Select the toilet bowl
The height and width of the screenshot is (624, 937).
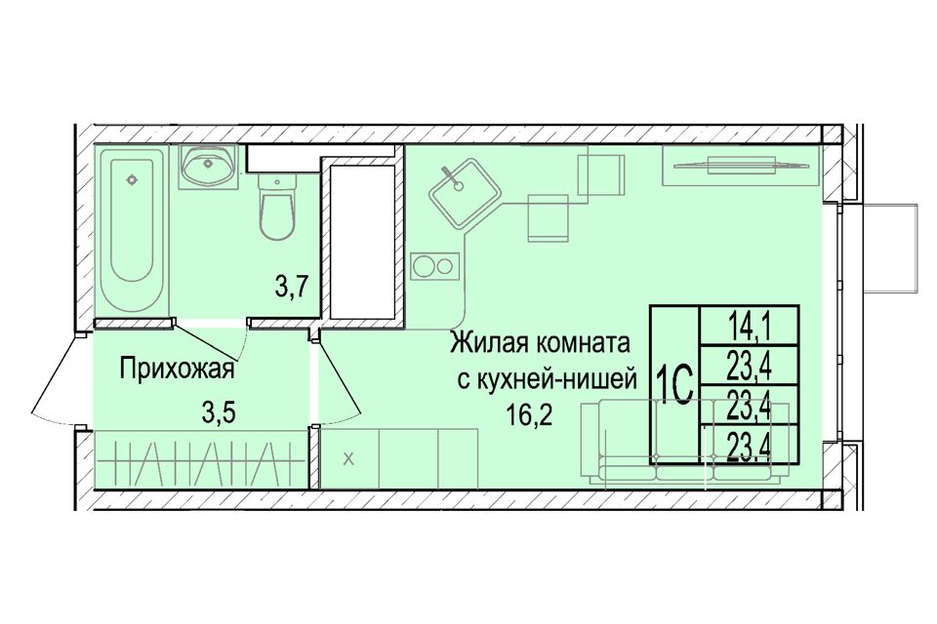coord(276,207)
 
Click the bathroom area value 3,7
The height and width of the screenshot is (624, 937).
coord(291,288)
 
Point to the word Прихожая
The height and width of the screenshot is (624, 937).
coord(177,370)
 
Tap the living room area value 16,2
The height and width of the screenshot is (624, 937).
coord(529,414)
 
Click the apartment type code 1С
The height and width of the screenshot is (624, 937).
coord(674,384)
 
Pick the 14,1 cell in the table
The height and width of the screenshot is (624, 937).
coord(750,327)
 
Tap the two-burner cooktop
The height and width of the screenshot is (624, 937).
coord(435,266)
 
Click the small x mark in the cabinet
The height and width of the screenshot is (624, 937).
coord(349,459)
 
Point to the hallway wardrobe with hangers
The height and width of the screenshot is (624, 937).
coord(200,458)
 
